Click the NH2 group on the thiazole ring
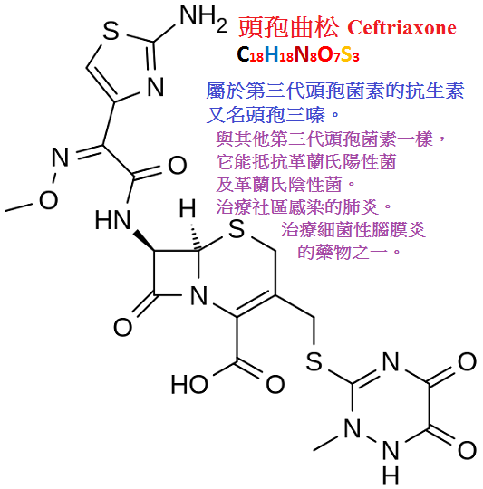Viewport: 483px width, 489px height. coord(203,19)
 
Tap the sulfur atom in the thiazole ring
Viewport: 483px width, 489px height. coord(111,31)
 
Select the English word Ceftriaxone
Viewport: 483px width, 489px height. coord(401,27)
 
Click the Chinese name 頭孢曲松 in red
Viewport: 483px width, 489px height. coord(288,27)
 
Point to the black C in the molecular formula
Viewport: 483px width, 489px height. coord(244,53)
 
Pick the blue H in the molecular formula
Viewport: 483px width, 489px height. coord(272,54)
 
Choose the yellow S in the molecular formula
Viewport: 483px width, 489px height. coord(346,54)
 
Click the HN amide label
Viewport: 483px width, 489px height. coord(112,219)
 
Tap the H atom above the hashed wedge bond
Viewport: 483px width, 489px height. coord(188,208)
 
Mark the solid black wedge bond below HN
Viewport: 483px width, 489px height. coord(143,240)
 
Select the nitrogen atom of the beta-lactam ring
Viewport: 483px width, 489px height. coord(198,295)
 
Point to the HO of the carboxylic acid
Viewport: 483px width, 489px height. coord(189,384)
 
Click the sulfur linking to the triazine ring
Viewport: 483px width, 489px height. coord(314,361)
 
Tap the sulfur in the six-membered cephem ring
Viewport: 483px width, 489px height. coord(237,229)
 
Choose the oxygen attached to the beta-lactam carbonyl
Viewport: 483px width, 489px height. coord(122,327)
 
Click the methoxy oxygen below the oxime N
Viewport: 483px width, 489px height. coord(48,199)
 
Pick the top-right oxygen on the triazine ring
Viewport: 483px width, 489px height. coord(467,361)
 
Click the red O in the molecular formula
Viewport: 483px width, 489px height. coord(324,54)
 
